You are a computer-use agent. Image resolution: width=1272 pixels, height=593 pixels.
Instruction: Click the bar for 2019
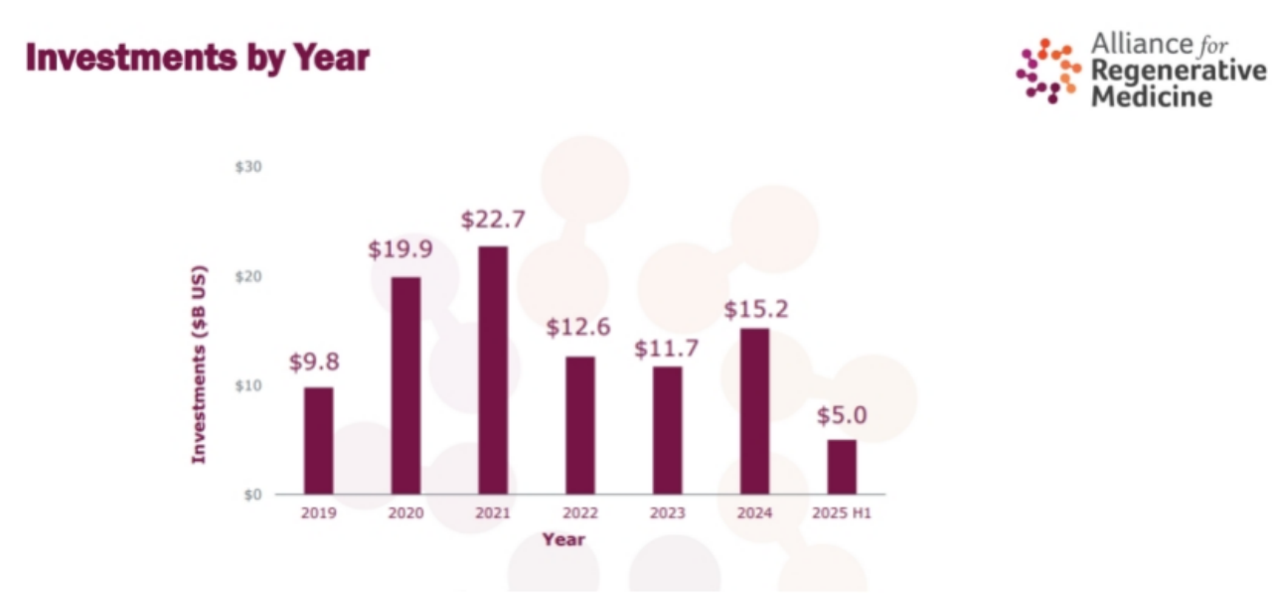[318, 440]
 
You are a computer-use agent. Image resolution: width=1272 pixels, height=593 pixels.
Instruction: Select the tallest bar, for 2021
[493, 370]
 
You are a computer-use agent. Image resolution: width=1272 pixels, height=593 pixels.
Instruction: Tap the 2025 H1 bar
[842, 466]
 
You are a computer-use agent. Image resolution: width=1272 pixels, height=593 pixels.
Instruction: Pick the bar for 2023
[668, 430]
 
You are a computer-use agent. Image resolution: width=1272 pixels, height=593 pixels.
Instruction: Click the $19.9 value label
[399, 249]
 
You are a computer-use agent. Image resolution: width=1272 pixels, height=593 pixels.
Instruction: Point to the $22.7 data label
[493, 220]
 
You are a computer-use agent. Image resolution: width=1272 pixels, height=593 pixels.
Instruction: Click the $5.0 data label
[842, 415]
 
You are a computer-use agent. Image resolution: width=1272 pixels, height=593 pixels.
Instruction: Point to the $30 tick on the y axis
[248, 167]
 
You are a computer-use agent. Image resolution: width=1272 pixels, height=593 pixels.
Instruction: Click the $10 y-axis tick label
[248, 385]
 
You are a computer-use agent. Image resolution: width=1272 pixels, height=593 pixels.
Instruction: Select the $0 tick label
[252, 495]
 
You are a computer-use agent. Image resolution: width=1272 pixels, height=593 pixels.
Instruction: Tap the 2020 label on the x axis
[405, 514]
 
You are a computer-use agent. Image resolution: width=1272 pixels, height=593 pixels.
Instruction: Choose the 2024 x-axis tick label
[754, 514]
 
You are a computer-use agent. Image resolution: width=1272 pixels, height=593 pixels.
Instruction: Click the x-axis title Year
[563, 539]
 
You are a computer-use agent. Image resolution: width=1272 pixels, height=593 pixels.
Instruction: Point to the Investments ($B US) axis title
[199, 364]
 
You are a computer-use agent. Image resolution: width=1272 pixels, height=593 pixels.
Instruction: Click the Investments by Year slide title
[197, 59]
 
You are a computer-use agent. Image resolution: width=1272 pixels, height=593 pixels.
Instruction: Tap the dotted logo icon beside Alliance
[1048, 70]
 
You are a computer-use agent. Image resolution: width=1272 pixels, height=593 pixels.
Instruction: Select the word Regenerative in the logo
[1179, 71]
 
